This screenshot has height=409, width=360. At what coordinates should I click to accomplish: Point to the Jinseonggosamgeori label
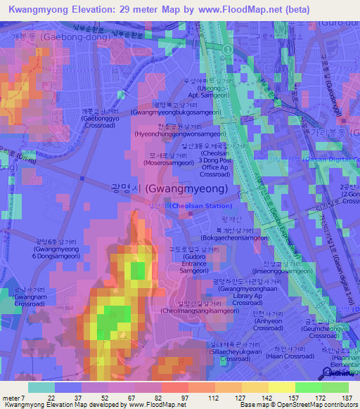pos(281,271)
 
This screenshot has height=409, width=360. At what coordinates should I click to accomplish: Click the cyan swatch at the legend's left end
pos(41,387)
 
